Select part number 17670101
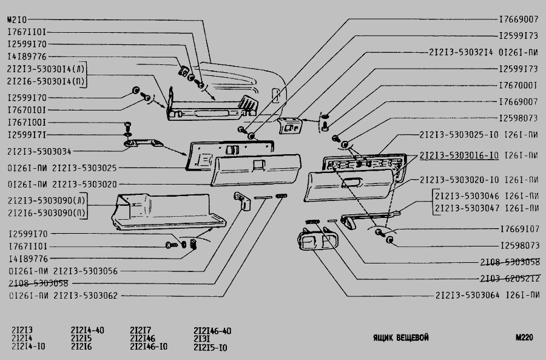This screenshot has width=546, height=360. [x=27, y=110]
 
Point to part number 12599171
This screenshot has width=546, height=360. [x=27, y=134]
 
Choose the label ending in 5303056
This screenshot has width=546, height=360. [x=63, y=271]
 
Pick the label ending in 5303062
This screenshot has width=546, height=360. [x=63, y=296]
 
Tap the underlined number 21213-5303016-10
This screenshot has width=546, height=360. [x=459, y=155]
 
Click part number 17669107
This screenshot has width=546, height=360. [x=519, y=229]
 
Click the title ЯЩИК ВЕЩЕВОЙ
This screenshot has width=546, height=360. [x=400, y=338]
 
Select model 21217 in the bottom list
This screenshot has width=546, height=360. [x=140, y=330]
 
